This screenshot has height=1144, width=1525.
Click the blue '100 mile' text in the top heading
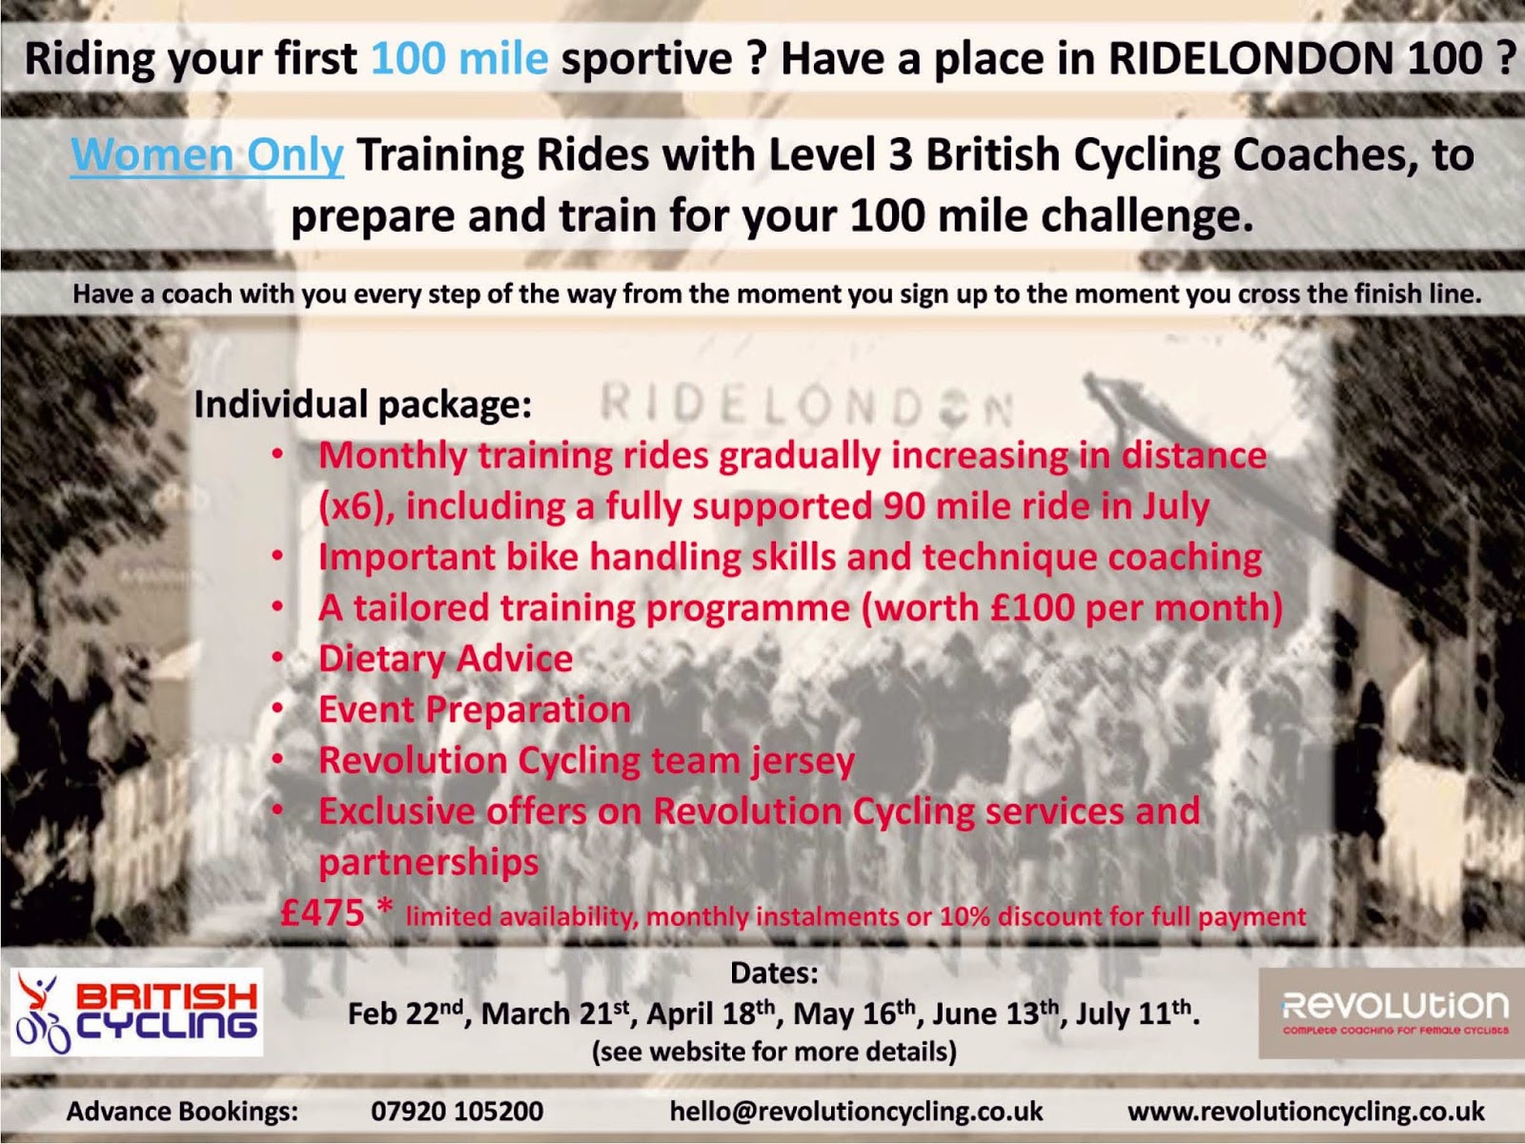click(459, 58)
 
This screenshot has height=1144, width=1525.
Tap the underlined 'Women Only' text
click(207, 154)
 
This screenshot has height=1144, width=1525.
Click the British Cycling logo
click(137, 1012)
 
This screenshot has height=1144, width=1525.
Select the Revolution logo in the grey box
click(1392, 1012)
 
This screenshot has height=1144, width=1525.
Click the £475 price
click(322, 912)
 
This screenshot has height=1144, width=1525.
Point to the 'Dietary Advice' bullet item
click(445, 659)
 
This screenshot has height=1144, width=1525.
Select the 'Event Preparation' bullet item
click(475, 709)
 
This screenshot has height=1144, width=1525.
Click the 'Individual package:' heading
click(363, 405)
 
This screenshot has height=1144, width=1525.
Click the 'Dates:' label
click(775, 973)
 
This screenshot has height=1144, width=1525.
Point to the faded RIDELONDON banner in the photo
click(806, 404)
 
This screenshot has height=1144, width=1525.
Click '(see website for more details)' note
click(774, 1052)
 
